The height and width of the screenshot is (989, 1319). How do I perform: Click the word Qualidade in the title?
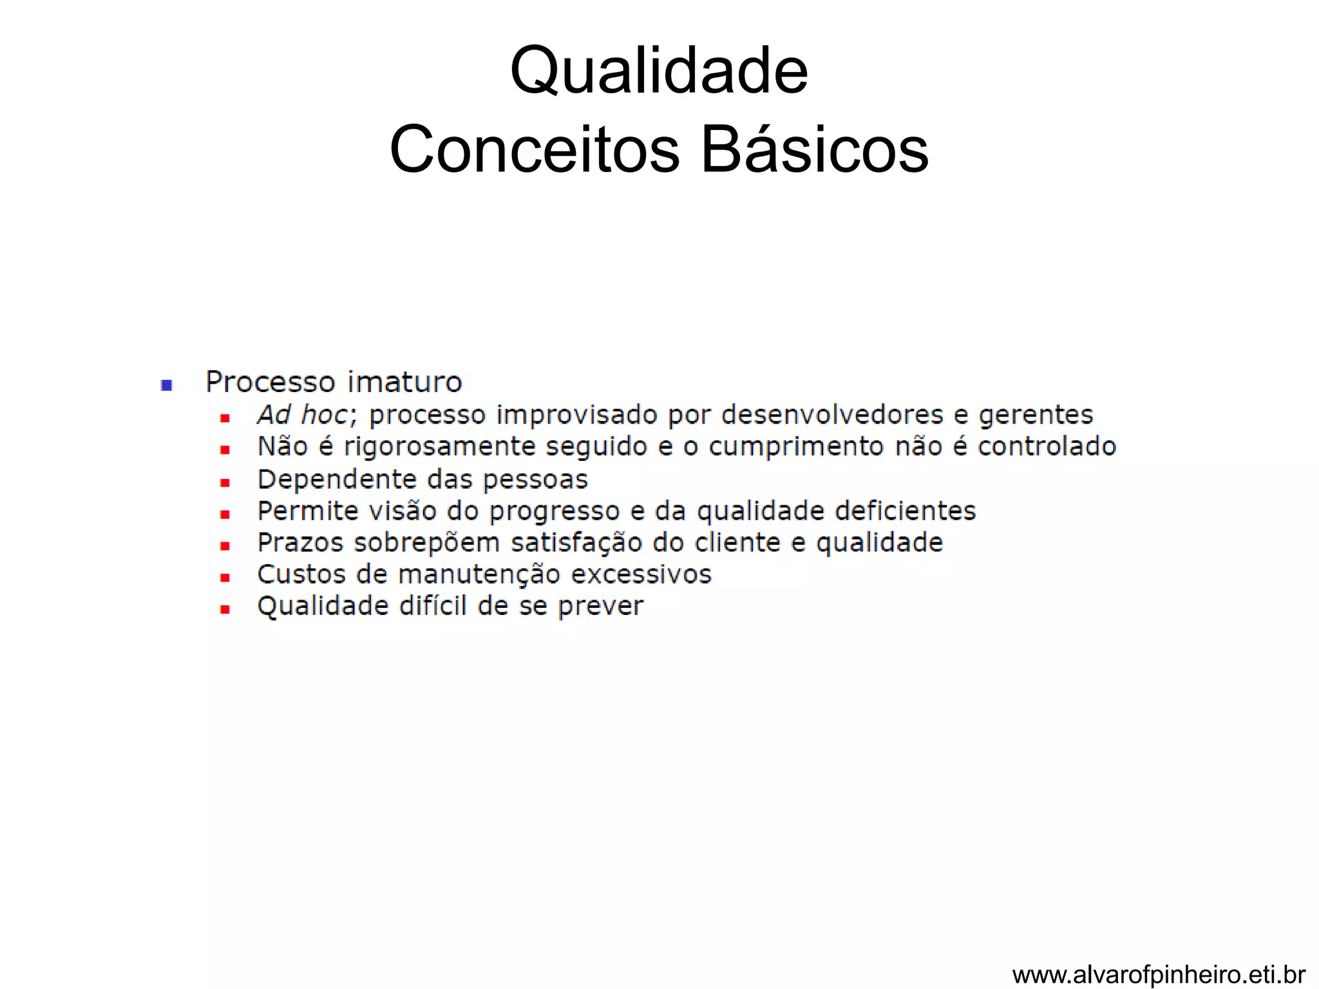pyautogui.click(x=658, y=71)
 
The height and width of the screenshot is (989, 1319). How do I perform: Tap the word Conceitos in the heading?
pyautogui.click(x=534, y=149)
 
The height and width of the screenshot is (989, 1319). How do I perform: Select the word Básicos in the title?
pyautogui.click(x=814, y=149)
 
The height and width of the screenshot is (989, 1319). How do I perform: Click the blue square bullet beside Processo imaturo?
pyautogui.click(x=167, y=385)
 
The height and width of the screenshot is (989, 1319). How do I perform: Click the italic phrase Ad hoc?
pyautogui.click(x=304, y=415)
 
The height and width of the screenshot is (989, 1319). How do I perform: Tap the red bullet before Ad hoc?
pyautogui.click(x=225, y=419)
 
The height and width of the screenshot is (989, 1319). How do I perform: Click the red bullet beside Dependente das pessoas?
pyautogui.click(x=225, y=482)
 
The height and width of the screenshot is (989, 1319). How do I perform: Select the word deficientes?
pyautogui.click(x=905, y=511)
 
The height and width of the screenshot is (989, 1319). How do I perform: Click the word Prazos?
pyautogui.click(x=300, y=543)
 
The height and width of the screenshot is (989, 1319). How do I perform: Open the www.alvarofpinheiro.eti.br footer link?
pyautogui.click(x=1159, y=974)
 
